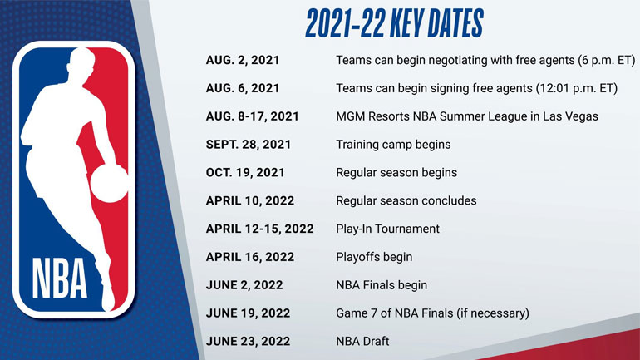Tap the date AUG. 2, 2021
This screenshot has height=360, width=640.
[x=243, y=61]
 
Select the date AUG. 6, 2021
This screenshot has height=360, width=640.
[x=243, y=89]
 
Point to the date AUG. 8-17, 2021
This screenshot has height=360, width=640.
[x=252, y=116]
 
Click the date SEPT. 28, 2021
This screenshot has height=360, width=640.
[x=248, y=145]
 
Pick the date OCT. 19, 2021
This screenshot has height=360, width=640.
[x=245, y=173]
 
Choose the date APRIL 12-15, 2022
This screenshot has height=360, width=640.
[x=259, y=229]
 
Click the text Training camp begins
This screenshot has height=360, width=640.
[x=393, y=145]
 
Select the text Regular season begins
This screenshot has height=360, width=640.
[x=396, y=173]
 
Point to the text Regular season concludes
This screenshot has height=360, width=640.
[x=406, y=200]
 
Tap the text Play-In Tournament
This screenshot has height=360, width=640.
[x=387, y=229]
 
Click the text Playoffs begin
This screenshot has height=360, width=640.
[x=374, y=257]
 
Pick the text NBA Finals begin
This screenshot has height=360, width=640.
[x=382, y=285]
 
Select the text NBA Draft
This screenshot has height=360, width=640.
[x=362, y=341]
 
